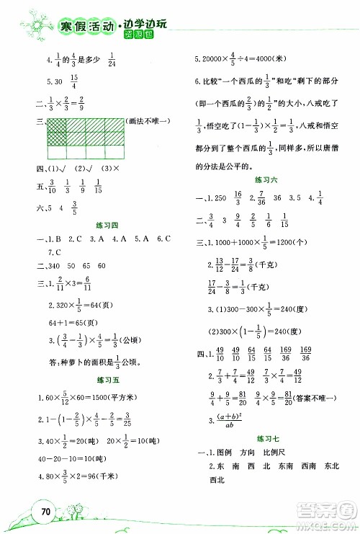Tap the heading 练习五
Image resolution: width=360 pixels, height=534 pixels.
coord(107,380)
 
